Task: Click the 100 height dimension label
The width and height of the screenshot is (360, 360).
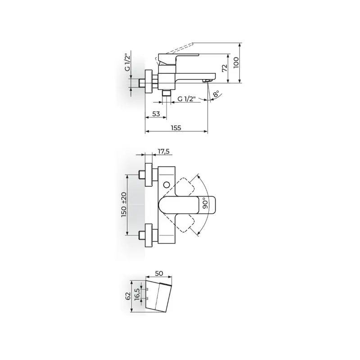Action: pos(236,62)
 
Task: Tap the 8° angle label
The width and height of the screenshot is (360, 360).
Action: pos(216,94)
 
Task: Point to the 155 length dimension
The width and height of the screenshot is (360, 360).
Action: pos(176,128)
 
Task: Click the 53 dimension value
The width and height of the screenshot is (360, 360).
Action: pos(156,114)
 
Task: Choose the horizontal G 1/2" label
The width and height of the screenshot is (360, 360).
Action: pos(187,99)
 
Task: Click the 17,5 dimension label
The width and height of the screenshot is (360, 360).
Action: pos(164,151)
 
